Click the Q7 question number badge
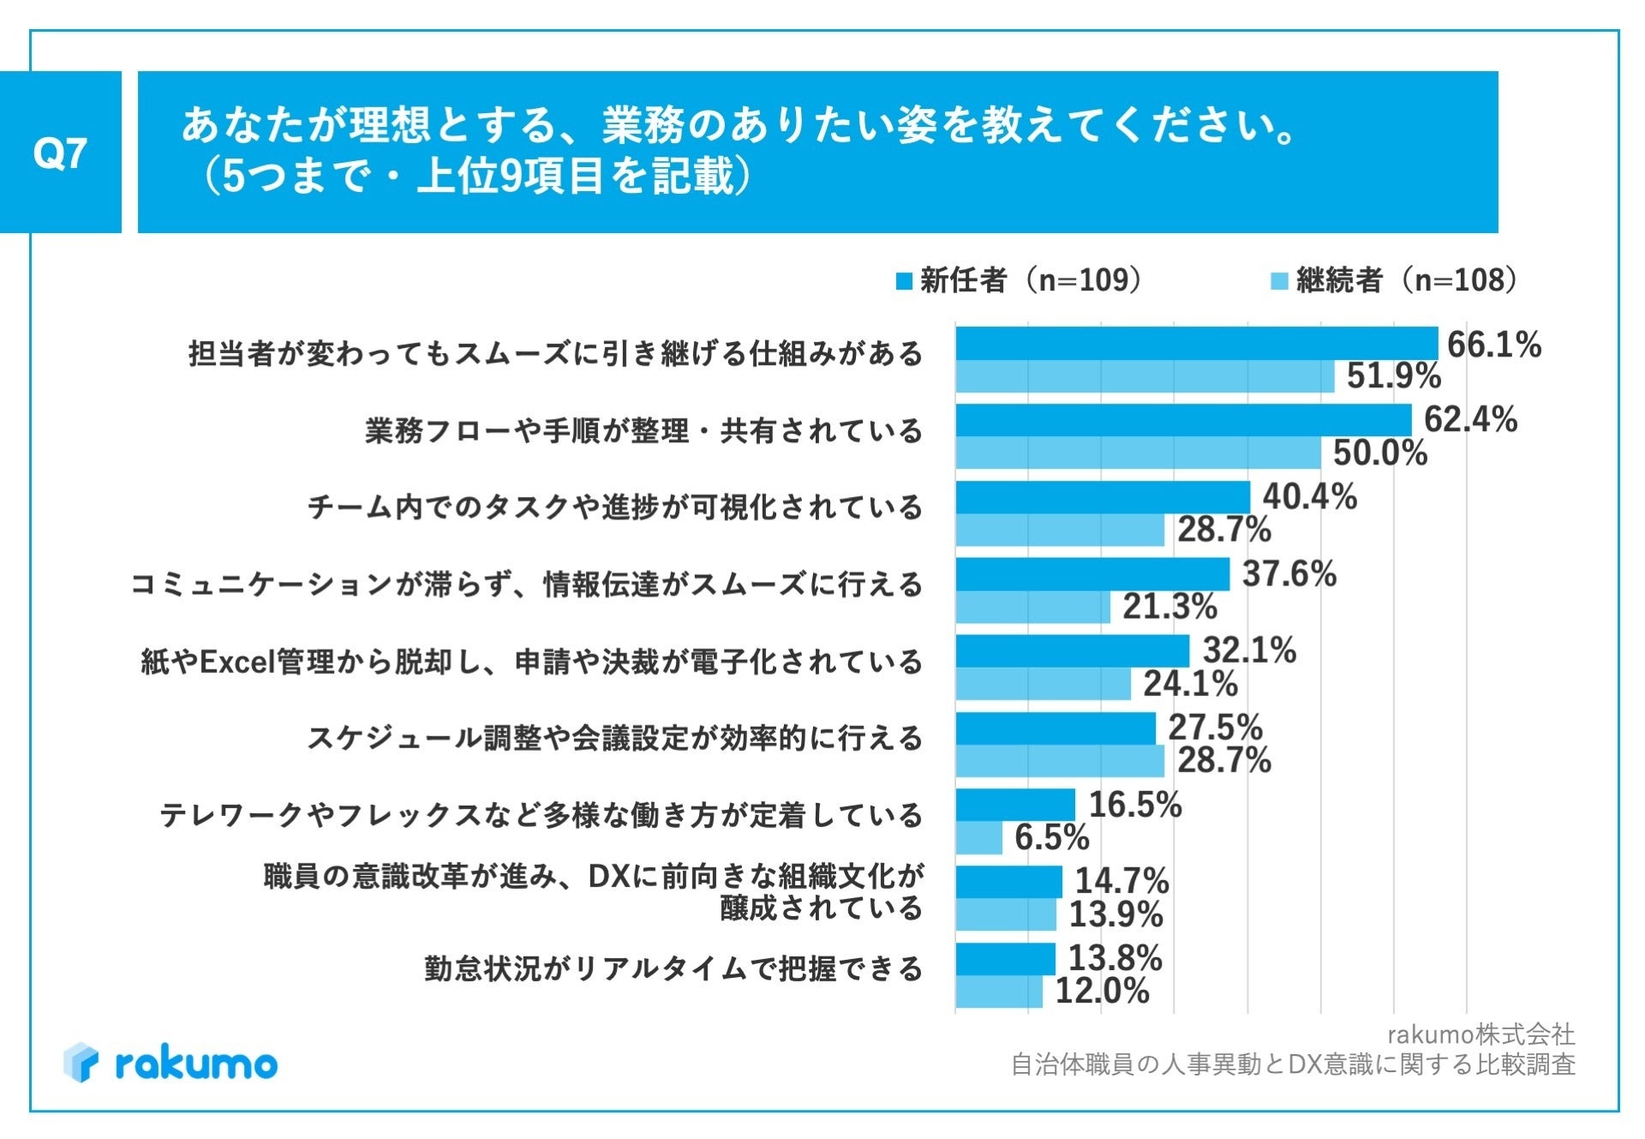click(60, 153)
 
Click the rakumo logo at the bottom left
click(170, 1063)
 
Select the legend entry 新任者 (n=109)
click(1020, 280)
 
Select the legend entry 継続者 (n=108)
click(1396, 280)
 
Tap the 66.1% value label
click(1493, 345)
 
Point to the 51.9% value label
click(1393, 376)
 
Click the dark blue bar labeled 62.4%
click(1183, 420)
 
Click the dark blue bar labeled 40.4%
click(1103, 497)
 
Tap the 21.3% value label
click(1169, 607)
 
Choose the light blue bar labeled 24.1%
click(1044, 684)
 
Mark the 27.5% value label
click(1215, 728)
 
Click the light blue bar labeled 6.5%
click(979, 837)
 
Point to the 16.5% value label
click(1134, 805)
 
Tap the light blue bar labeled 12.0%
click(999, 992)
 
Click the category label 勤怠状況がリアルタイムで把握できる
click(673, 968)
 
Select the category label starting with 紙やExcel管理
click(531, 662)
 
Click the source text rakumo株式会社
click(1480, 1034)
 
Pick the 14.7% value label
click(1122, 881)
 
